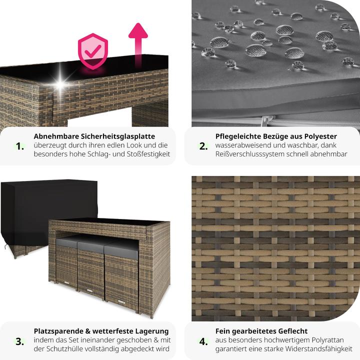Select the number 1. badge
point(20,146)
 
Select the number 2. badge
point(203,146)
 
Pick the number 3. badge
point(20,341)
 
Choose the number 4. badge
point(203,341)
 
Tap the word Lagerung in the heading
point(149,331)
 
